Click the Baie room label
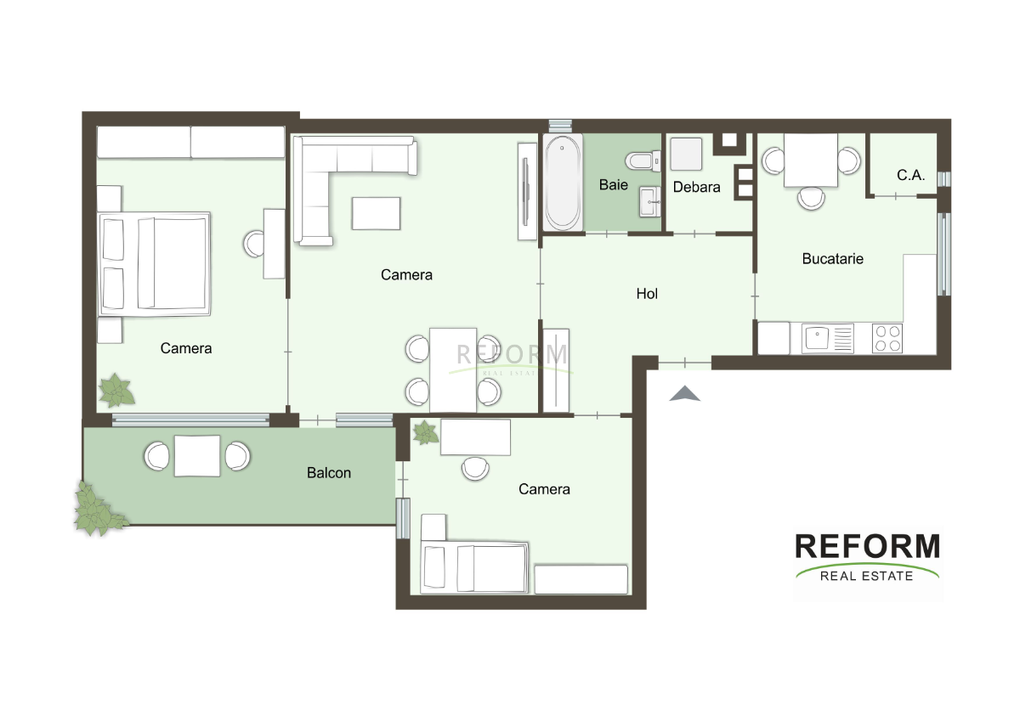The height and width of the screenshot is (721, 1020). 614,184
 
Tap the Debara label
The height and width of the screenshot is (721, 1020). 697,187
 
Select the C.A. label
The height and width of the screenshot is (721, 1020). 910,175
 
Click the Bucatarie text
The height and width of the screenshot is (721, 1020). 832,259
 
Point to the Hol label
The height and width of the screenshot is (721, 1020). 647,294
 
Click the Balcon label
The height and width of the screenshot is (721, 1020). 329,473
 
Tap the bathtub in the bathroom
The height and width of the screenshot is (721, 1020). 563,183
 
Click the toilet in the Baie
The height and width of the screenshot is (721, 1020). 643,161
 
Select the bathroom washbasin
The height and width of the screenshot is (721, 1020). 650,201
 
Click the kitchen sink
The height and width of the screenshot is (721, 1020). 827,338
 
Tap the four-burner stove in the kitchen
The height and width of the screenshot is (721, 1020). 887,338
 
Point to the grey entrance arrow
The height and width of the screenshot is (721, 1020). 684,393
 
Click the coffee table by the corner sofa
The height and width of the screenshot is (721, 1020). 376,213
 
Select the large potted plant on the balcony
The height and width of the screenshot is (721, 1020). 99,510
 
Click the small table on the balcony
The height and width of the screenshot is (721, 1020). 197,456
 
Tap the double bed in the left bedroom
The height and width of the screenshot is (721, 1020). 155,264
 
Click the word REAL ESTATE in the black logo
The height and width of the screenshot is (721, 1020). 866,576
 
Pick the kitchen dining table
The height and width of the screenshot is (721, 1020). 811,160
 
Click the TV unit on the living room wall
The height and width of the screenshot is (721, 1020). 527,192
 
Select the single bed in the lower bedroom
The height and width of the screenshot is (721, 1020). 474,567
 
